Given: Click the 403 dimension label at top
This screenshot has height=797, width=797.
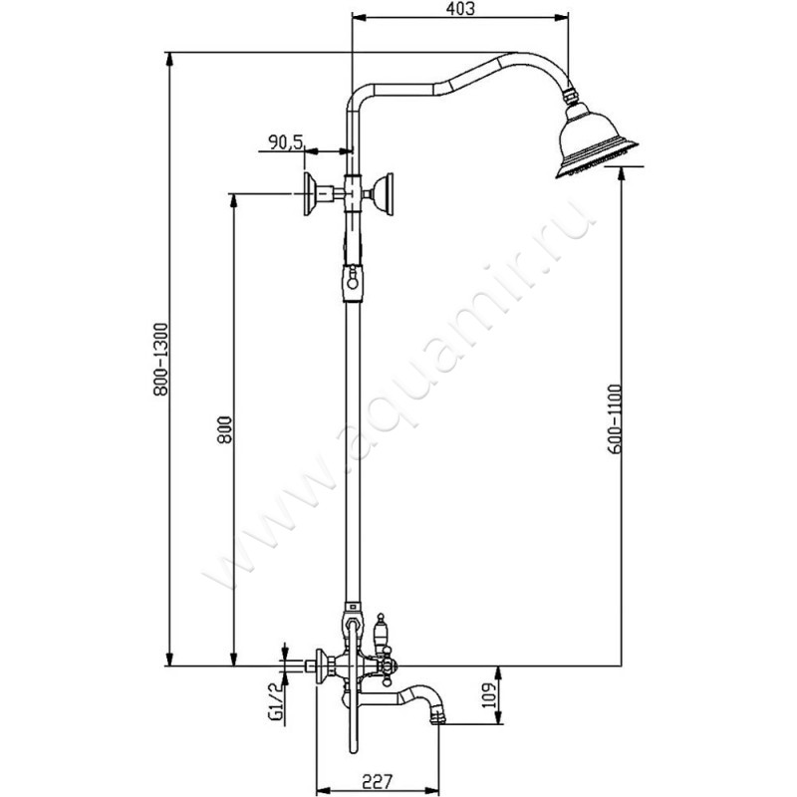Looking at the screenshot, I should tap(459, 10).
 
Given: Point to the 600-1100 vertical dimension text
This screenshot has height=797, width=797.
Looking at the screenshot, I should tap(613, 418).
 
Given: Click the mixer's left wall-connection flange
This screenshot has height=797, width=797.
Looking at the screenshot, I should tap(321, 663).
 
